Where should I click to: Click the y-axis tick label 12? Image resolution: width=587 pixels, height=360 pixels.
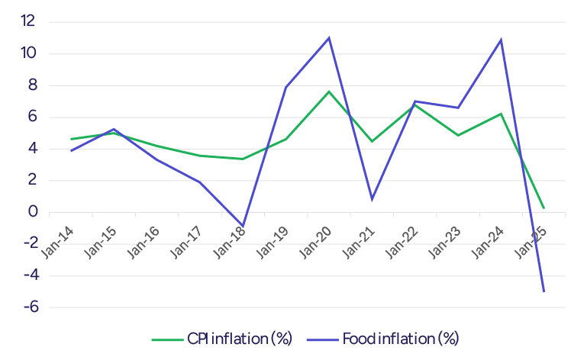(27, 21)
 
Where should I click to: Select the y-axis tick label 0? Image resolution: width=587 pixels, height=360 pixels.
(31, 212)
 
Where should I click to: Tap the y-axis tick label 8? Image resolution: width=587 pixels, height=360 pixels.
(31, 85)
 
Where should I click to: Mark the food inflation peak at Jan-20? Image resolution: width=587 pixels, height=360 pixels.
(329, 37)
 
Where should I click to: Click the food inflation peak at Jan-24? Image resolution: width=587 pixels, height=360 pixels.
(501, 40)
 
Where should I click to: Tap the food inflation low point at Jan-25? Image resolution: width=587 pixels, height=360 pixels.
(544, 291)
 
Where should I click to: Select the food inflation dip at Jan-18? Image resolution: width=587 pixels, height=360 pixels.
(243, 227)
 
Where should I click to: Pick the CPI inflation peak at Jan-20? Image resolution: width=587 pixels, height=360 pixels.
(329, 92)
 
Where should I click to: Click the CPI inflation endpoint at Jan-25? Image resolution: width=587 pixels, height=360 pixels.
(544, 207)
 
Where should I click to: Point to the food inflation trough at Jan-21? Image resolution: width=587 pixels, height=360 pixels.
(372, 199)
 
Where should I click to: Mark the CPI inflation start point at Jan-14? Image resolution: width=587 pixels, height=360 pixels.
(71, 139)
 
